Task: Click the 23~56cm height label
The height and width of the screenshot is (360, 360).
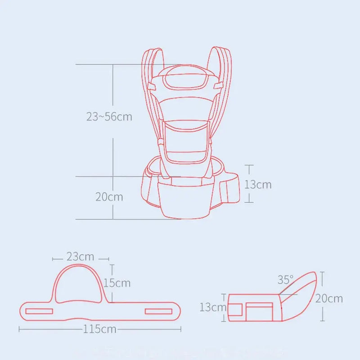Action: (x=109, y=117)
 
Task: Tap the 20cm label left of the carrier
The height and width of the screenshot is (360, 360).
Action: (x=109, y=197)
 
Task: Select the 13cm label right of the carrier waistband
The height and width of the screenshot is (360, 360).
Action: (x=258, y=184)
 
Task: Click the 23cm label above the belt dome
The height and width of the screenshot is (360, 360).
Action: (x=81, y=257)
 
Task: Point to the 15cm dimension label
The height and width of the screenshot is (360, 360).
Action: (x=117, y=283)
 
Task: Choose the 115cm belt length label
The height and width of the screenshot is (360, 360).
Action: (x=99, y=329)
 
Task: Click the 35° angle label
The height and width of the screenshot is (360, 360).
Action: (x=285, y=280)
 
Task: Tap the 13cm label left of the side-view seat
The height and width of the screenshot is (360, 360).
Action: (x=212, y=307)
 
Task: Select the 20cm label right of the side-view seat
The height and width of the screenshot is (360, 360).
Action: (x=329, y=298)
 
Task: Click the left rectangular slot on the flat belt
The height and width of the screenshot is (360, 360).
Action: (x=40, y=311)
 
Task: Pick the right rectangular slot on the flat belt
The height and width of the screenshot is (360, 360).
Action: (x=159, y=311)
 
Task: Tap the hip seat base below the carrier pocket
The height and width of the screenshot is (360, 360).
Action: (x=188, y=198)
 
